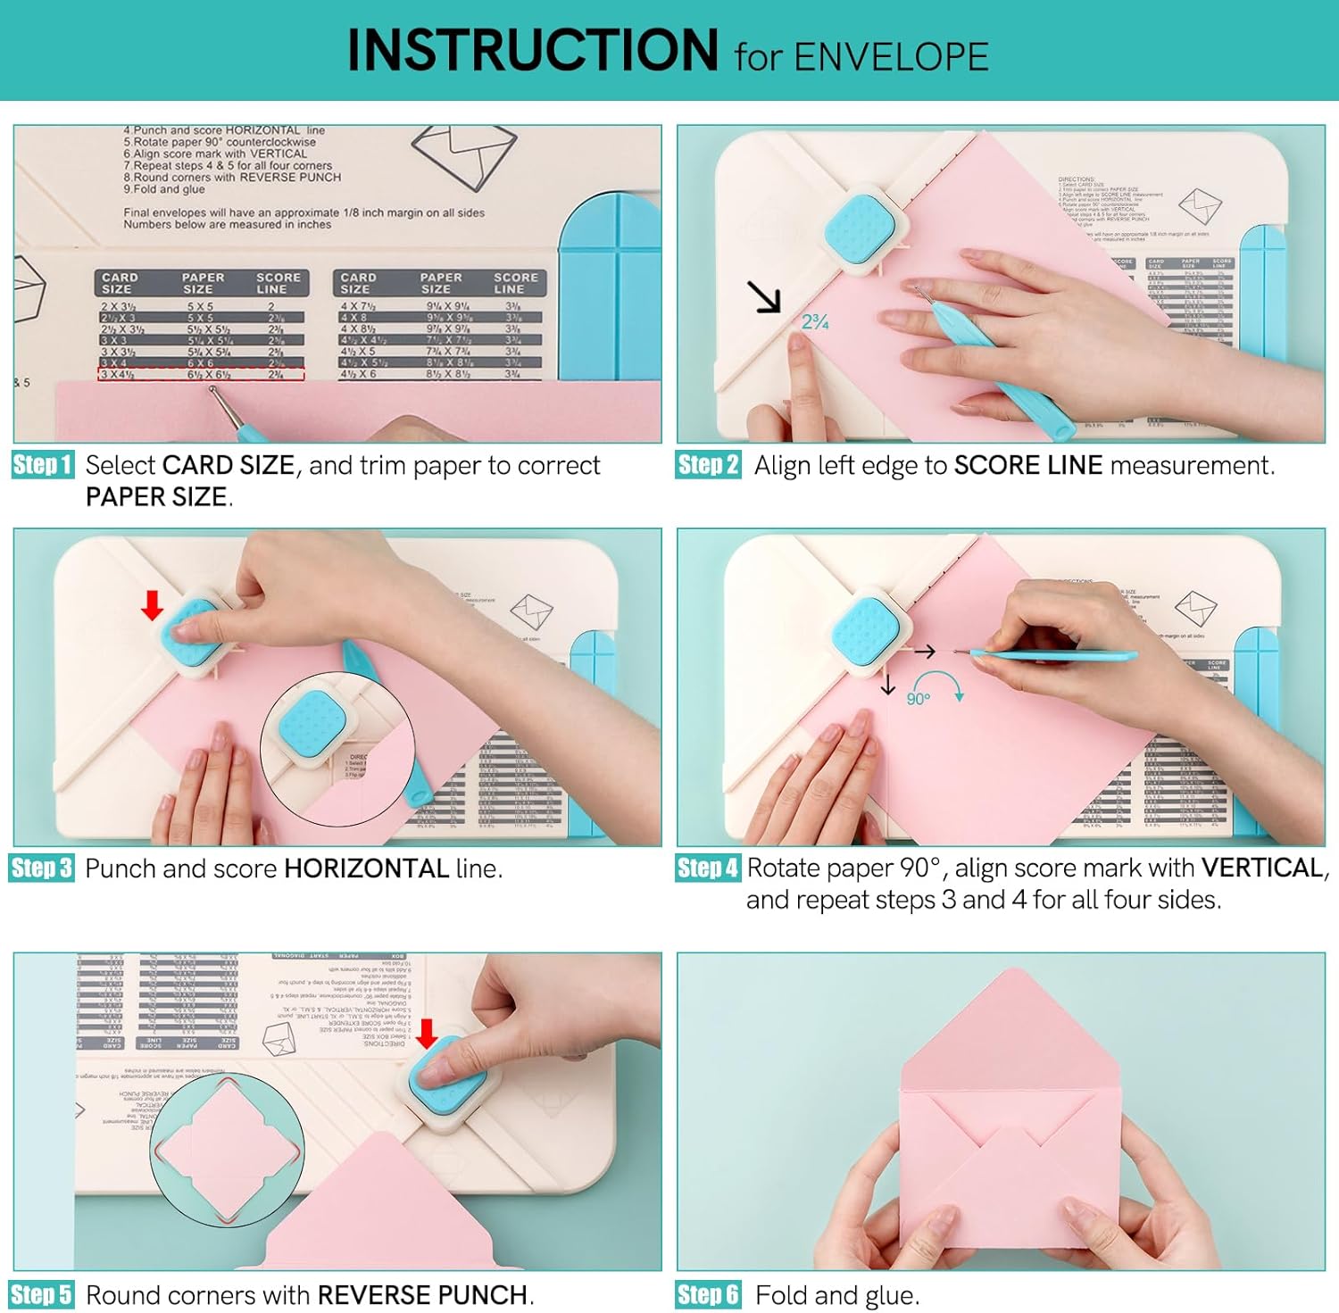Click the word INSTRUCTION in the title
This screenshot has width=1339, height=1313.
532,51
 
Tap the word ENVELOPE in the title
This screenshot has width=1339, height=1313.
890,57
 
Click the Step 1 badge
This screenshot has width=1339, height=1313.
42,465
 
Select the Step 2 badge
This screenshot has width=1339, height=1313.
708,465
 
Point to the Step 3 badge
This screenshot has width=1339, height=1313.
42,868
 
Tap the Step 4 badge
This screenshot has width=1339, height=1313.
708,868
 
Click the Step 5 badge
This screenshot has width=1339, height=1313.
42,1294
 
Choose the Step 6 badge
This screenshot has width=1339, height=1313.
708,1294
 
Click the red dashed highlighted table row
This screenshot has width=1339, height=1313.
201,375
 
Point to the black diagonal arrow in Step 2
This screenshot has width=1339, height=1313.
764,297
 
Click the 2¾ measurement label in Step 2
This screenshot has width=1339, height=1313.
815,322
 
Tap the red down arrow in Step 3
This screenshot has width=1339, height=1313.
153,606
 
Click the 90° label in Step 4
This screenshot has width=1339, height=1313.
918,699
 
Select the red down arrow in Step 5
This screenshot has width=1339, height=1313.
427,1034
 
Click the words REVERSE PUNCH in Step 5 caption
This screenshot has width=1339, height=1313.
422,1295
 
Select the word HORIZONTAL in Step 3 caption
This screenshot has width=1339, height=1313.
366,868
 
